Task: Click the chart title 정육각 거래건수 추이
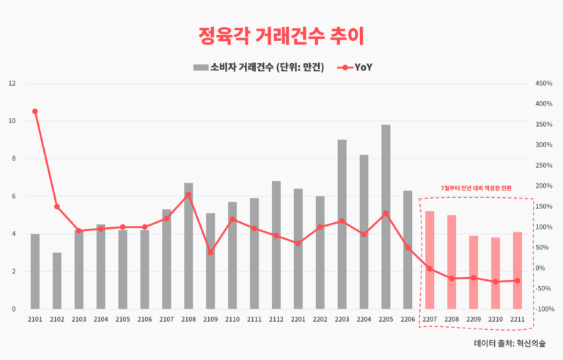pyautogui.click(x=281, y=35)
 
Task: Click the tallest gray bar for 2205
pyautogui.click(x=386, y=217)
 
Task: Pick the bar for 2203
pyautogui.click(x=342, y=224)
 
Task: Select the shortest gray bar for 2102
pyautogui.click(x=56, y=281)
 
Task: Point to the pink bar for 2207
pyautogui.click(x=430, y=260)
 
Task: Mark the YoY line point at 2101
pyautogui.click(x=34, y=111)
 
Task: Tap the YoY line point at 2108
pyautogui.click(x=188, y=195)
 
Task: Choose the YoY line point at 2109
pyautogui.click(x=210, y=252)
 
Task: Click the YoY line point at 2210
pyautogui.click(x=496, y=282)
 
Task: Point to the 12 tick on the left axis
pyautogui.click(x=12, y=83)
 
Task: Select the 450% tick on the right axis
pyautogui.click(x=544, y=83)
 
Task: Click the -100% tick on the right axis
pyautogui.click(x=544, y=309)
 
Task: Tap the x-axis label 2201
pyautogui.click(x=298, y=320)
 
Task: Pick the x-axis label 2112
pyautogui.click(x=276, y=320)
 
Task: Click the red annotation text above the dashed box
pyautogui.click(x=475, y=188)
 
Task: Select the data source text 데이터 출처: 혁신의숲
pyautogui.click(x=514, y=342)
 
